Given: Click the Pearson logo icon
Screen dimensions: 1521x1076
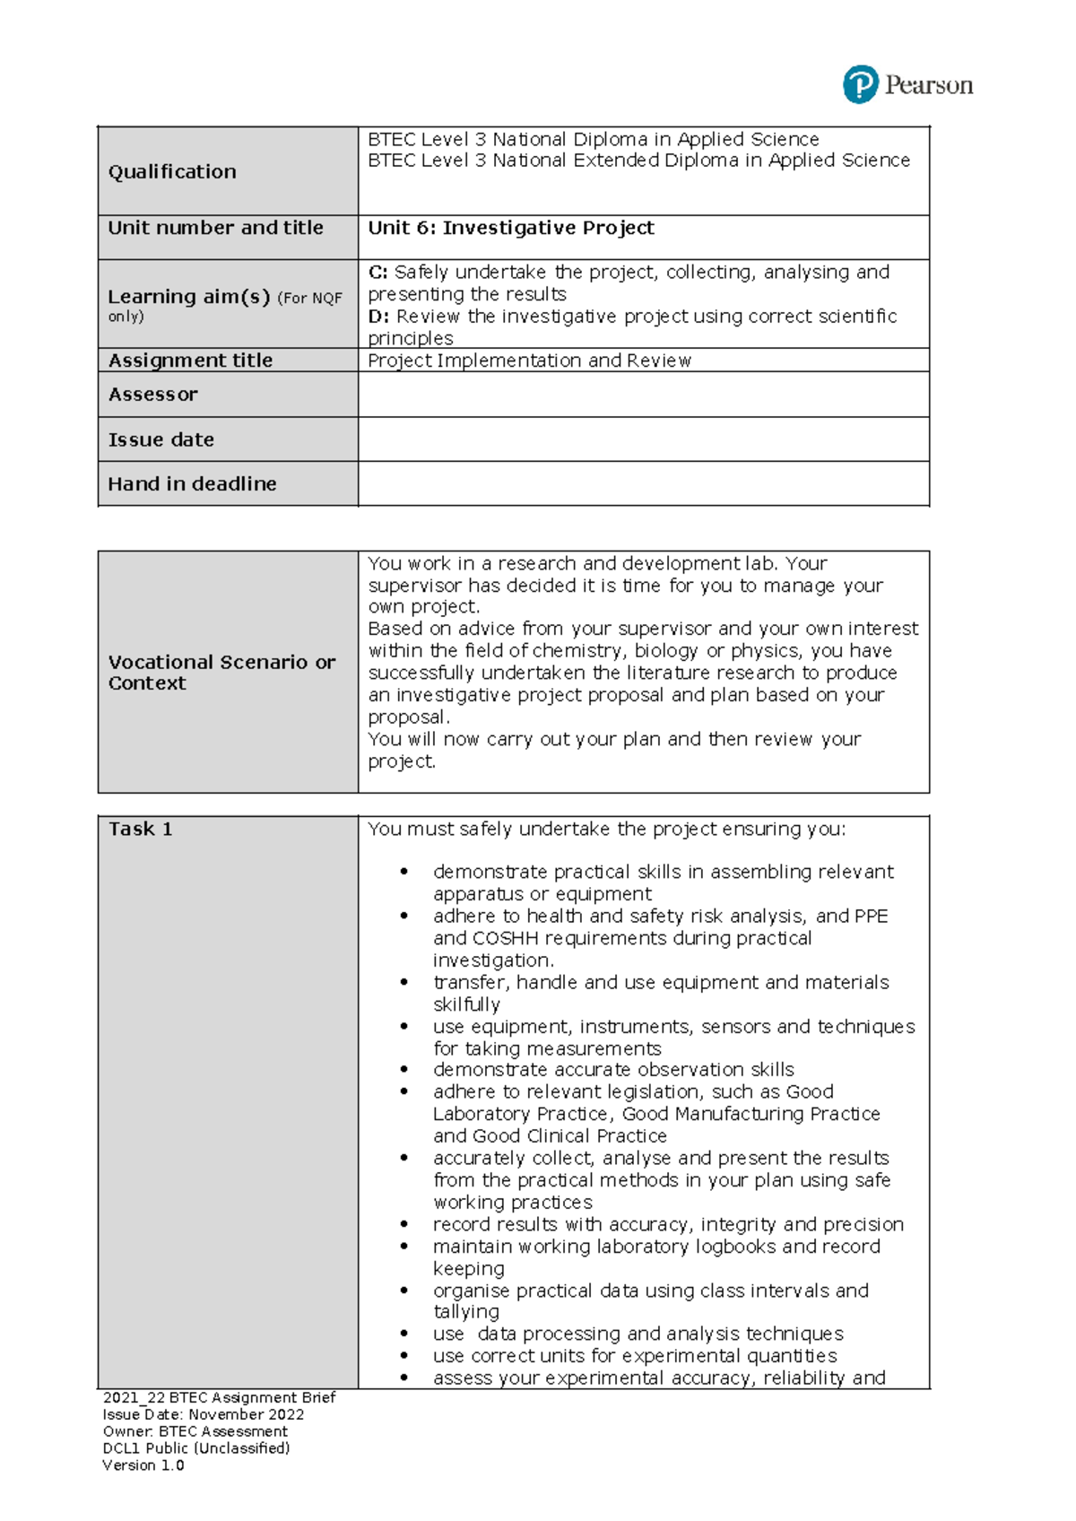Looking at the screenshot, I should click(x=860, y=84).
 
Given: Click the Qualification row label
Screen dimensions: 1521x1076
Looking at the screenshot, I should click(x=172, y=171).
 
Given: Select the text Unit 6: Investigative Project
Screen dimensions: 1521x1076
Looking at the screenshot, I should click(x=510, y=228).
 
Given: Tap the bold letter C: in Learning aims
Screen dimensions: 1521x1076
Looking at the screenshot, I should click(x=377, y=272).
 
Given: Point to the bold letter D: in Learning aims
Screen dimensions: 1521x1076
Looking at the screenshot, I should click(x=378, y=317).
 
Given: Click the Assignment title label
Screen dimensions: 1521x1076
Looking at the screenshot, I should click(x=190, y=361).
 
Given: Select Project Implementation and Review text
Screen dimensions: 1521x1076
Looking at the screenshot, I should click(x=529, y=361).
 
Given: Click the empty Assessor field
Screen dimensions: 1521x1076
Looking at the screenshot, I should click(x=643, y=395).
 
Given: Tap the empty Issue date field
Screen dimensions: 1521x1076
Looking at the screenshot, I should click(x=643, y=439).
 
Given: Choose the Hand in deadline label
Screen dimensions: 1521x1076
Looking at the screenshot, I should click(x=192, y=484).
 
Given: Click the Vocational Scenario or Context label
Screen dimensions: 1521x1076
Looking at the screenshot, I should click(x=221, y=672).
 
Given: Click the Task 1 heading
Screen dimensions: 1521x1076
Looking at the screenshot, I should click(x=140, y=829).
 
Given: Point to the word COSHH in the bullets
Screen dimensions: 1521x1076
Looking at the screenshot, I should click(x=506, y=938).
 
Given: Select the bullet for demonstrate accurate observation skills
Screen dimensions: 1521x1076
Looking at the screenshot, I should click(x=404, y=1070).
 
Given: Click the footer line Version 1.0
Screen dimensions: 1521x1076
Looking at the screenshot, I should click(x=143, y=1465).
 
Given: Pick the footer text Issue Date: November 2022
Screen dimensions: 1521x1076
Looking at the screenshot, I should click(x=203, y=1414).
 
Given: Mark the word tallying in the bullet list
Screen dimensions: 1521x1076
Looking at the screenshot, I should click(x=466, y=1312).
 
